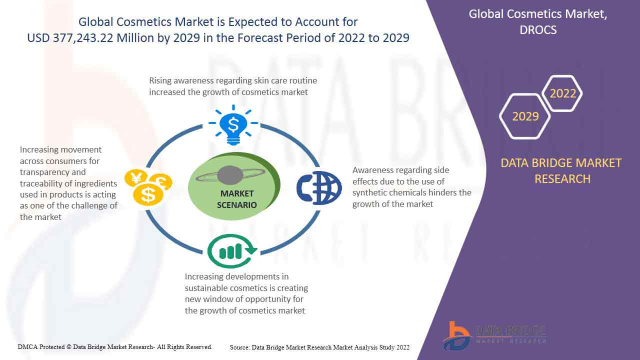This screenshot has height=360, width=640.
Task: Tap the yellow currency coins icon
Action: tap(148, 187)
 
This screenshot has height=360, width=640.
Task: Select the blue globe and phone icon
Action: tap(319, 188)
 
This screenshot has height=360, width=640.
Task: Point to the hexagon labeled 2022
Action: tap(562, 93)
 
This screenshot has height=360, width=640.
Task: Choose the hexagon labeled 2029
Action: tap(525, 116)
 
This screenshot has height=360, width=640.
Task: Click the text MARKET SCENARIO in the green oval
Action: tap(236, 199)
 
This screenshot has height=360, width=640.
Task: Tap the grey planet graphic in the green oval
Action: tap(230, 176)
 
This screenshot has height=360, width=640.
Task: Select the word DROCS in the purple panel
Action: tap(538, 29)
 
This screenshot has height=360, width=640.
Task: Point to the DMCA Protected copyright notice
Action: tap(115, 346)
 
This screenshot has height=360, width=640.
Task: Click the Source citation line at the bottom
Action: tap(319, 347)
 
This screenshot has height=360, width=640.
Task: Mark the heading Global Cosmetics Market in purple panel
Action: tap(538, 14)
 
